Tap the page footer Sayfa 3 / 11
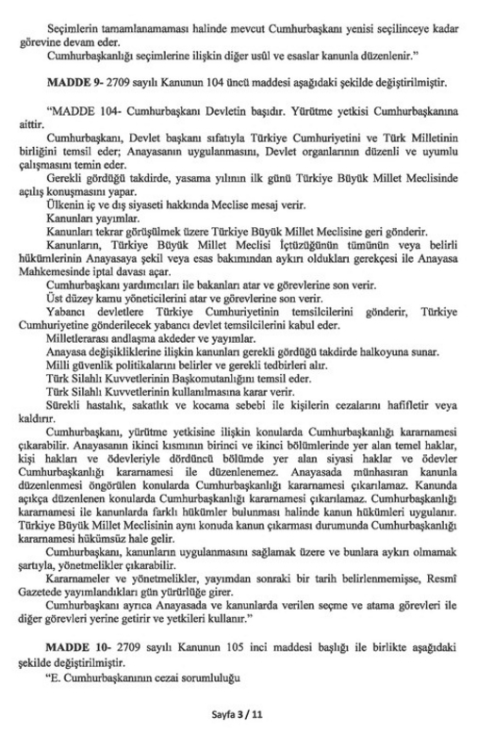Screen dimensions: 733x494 click(246, 709)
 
